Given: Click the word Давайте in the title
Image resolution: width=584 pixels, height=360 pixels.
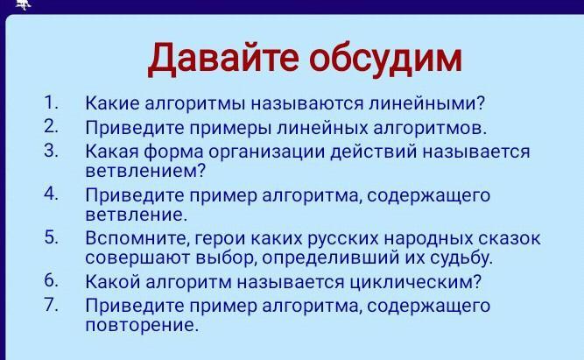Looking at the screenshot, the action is pyautogui.click(x=223, y=59).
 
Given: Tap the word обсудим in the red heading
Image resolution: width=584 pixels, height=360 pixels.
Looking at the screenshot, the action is pyautogui.click(x=385, y=58).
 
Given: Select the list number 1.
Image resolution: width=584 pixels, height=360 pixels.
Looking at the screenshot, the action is pyautogui.click(x=51, y=102).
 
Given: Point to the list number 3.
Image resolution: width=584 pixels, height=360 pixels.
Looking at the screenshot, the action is pyautogui.click(x=51, y=151).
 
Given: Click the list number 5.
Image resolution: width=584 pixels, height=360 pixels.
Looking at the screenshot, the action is pyautogui.click(x=51, y=237).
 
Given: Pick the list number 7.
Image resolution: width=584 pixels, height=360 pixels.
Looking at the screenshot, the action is pyautogui.click(x=51, y=304).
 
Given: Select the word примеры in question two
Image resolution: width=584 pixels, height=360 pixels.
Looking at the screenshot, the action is pyautogui.click(x=229, y=129).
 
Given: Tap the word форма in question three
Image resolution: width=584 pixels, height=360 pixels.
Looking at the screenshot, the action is pyautogui.click(x=174, y=152).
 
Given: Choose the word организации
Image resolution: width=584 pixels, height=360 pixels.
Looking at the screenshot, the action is pyautogui.click(x=267, y=152).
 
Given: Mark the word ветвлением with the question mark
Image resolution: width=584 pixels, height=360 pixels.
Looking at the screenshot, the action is pyautogui.click(x=145, y=172).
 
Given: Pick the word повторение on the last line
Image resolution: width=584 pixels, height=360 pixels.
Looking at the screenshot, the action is pyautogui.click(x=140, y=326).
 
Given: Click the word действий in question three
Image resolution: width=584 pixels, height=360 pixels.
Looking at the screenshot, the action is pyautogui.click(x=374, y=152).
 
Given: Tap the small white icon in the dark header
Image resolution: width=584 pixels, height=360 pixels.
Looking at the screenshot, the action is pyautogui.click(x=23, y=4).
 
